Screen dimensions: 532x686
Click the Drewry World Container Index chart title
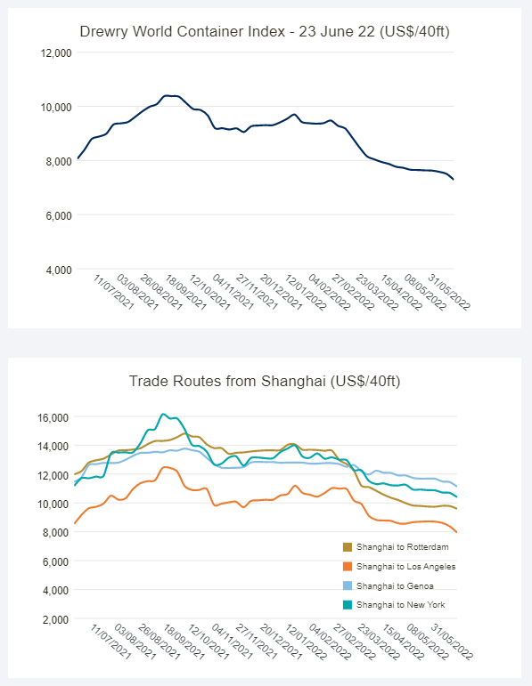[265, 31]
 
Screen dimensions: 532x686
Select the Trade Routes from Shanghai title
[265, 381]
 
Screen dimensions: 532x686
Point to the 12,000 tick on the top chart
[56, 52]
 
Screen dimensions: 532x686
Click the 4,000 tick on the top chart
[59, 270]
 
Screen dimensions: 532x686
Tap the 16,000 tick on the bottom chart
[53, 417]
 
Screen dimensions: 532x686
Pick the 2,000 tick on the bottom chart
[55, 619]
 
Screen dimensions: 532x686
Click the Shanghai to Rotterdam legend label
[402, 547]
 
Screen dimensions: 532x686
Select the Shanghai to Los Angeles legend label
[405, 567]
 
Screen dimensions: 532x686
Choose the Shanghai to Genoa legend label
[395, 585]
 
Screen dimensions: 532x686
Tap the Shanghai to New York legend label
[400, 605]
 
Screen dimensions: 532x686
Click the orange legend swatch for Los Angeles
[348, 567]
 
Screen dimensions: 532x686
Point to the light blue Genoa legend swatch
[348, 585]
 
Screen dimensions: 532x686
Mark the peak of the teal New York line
[163, 414]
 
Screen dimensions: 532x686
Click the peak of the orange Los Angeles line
[165, 467]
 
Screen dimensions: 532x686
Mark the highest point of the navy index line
[166, 95]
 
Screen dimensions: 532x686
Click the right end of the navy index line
[454, 180]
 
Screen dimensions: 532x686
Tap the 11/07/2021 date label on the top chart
[113, 292]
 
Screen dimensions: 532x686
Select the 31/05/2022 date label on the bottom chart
[452, 642]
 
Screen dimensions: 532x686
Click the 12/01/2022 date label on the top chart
[306, 292]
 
